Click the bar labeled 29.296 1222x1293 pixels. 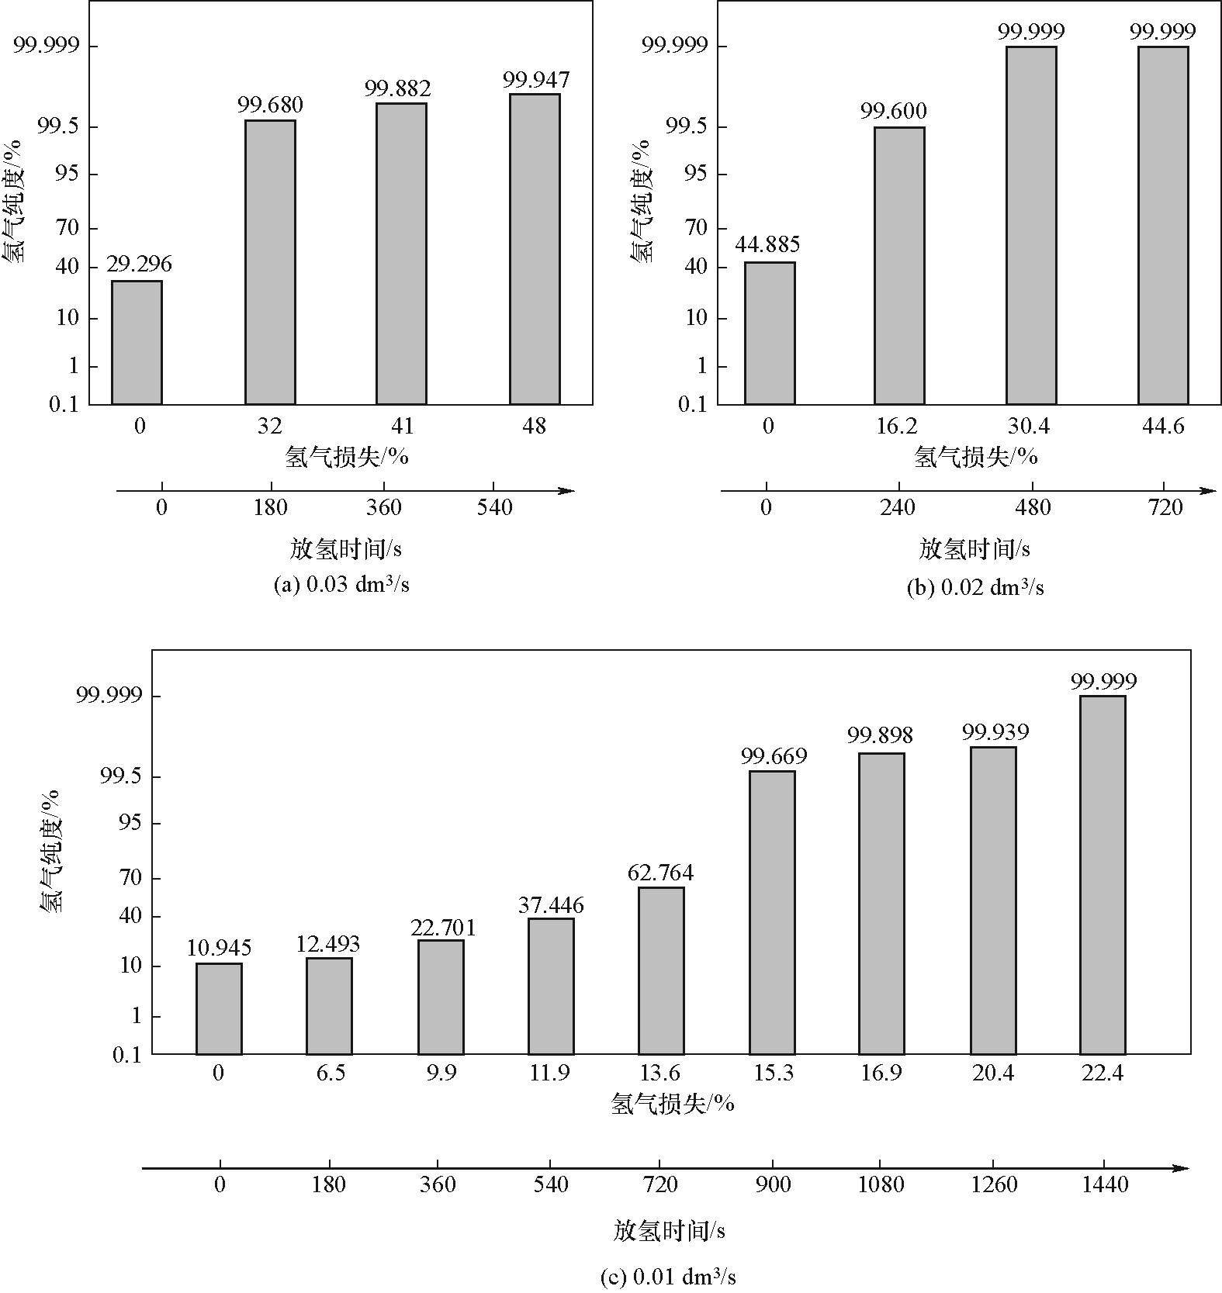tap(137, 342)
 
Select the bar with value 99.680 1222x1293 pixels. tap(270, 262)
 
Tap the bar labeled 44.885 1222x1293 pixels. tap(769, 334)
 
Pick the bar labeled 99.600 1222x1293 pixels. tap(899, 265)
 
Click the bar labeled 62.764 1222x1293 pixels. tap(661, 970)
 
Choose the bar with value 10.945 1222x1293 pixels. tap(219, 1008)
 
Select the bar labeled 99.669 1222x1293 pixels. tap(772, 912)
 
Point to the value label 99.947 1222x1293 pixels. tap(535, 80)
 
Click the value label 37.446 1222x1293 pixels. tap(551, 904)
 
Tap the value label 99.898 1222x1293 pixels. tap(880, 734)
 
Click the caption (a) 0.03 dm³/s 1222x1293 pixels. tap(341, 585)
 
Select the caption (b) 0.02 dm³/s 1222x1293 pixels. tap(974, 588)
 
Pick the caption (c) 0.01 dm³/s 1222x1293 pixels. tap(668, 1277)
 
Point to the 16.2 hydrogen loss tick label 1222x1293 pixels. tap(897, 426)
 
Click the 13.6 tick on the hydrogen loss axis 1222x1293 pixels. tap(660, 1073)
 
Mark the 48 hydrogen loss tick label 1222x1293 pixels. tap(535, 426)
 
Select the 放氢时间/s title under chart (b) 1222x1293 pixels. tap(974, 549)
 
